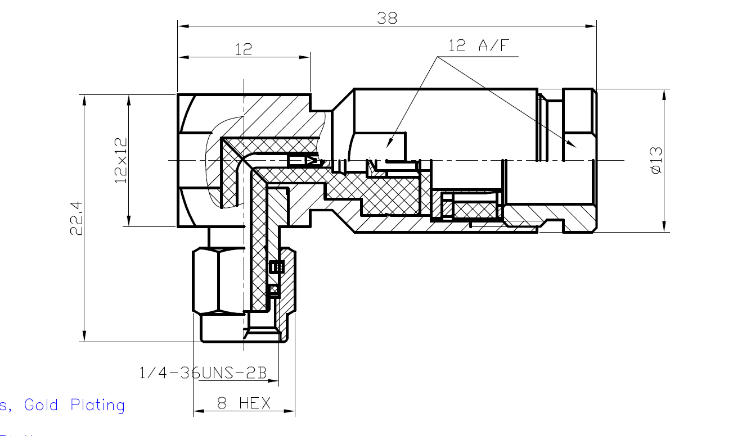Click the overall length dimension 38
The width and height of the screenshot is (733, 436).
tap(387, 18)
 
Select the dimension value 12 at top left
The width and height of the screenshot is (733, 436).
tap(243, 49)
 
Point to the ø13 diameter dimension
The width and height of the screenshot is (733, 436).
tap(656, 160)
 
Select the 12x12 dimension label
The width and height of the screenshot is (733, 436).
tap(121, 161)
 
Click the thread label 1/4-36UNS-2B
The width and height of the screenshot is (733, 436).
tap(203, 373)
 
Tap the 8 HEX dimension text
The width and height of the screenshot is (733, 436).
tap(244, 403)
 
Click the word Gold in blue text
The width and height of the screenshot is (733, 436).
tap(41, 405)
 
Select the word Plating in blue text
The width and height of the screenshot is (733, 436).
tap(97, 406)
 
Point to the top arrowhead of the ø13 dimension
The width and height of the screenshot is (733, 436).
tap(665, 94)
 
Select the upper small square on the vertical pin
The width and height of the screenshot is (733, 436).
tap(275, 267)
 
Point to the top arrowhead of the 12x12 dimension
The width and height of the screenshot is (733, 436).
tap(129, 100)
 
